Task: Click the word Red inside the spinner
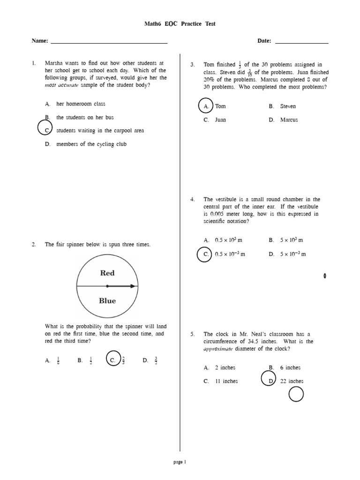pyautogui.click(x=107, y=273)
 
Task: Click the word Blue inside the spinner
pyautogui.click(x=107, y=301)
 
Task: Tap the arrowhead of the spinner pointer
pyautogui.click(x=134, y=286)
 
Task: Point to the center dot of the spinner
pyautogui.click(x=107, y=286)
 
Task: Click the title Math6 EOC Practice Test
pyautogui.click(x=180, y=24)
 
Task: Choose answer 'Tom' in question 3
pyautogui.click(x=220, y=106)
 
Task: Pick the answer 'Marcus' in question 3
pyautogui.click(x=289, y=120)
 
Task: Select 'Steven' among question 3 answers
pyautogui.click(x=288, y=106)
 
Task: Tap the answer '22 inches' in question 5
pyautogui.click(x=292, y=381)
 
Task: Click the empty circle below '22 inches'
pyautogui.click(x=296, y=395)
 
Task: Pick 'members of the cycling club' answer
pyautogui.click(x=91, y=144)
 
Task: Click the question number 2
pyautogui.click(x=34, y=245)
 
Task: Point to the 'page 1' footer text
pyautogui.click(x=180, y=462)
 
